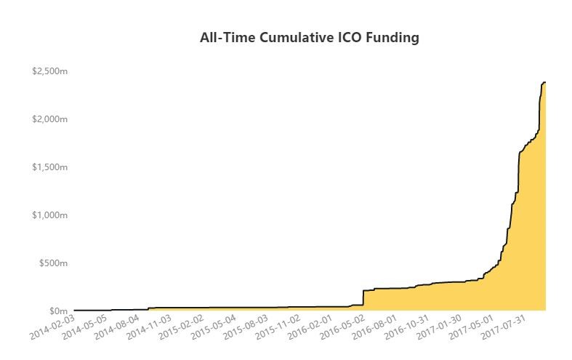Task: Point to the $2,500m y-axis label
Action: [50, 71]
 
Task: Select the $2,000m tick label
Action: [50, 119]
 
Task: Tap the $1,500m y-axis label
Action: [50, 167]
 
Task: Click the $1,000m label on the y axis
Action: [50, 215]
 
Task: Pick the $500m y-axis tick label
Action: [53, 263]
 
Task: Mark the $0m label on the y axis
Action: [57, 311]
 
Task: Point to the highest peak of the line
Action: [544, 82]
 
